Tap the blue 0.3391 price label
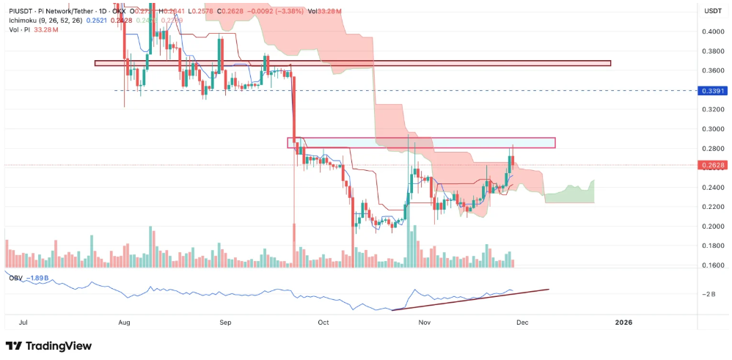[713, 90]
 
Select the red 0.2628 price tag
[713, 166]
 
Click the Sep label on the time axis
[225, 322]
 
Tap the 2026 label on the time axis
[623, 322]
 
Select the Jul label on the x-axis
[23, 322]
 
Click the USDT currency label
[713, 11]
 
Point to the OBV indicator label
[15, 278]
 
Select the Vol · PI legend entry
[18, 30]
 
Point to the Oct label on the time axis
[323, 322]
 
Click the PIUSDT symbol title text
[23, 11]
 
